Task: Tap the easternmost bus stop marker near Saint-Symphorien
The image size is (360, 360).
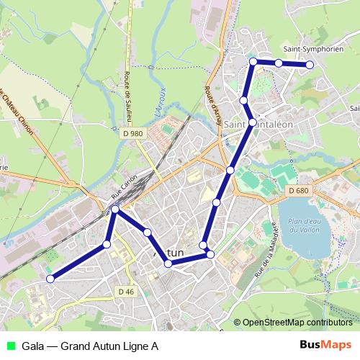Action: click(310, 65)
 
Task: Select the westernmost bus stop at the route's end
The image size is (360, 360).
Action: click(50, 279)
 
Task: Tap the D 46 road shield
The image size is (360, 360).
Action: click(125, 291)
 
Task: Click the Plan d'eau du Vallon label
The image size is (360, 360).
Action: click(302, 225)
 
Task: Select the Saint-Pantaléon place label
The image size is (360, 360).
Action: click(258, 125)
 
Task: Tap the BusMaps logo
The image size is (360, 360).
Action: click(326, 345)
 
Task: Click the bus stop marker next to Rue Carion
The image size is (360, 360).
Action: click(115, 210)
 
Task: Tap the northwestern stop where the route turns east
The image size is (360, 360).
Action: click(253, 62)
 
